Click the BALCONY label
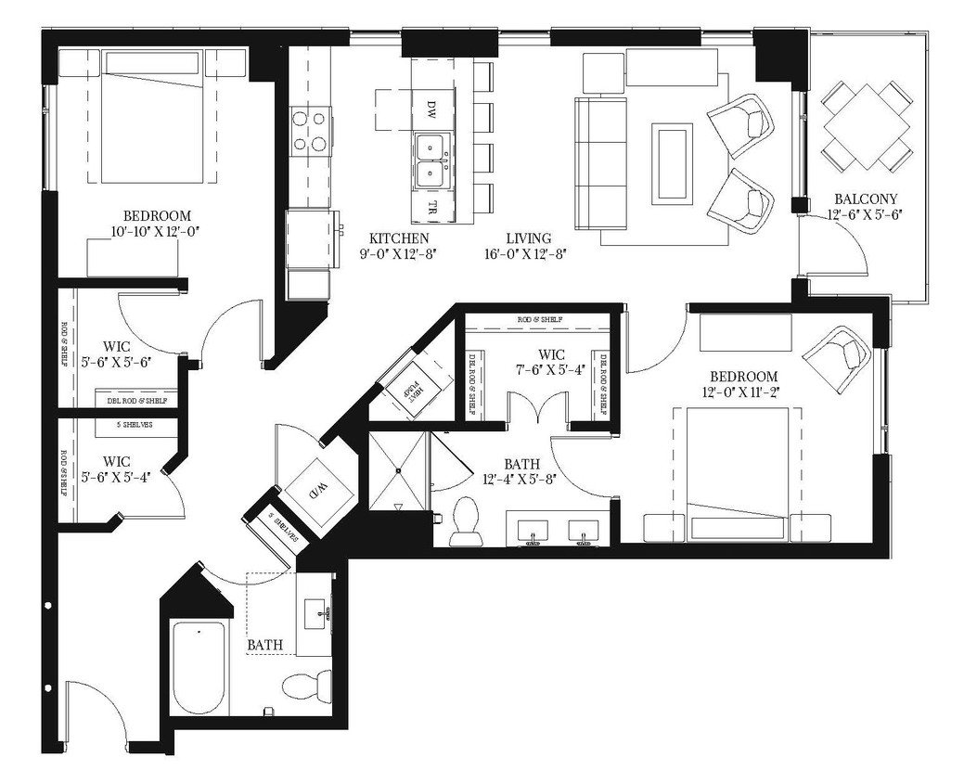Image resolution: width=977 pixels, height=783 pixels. point(864,199)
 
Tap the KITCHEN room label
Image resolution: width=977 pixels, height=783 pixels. point(399,238)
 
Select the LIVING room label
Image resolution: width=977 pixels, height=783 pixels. point(529,238)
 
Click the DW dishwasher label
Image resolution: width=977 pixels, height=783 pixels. point(431,105)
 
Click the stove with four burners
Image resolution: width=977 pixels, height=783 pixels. point(310,131)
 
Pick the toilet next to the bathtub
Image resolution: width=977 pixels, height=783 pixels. point(305,687)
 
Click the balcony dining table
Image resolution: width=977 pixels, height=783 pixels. point(866,126)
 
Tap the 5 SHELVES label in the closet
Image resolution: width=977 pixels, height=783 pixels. point(135,425)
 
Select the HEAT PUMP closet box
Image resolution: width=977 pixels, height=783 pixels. point(411,391)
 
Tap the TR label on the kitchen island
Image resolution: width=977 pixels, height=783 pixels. point(432,206)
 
